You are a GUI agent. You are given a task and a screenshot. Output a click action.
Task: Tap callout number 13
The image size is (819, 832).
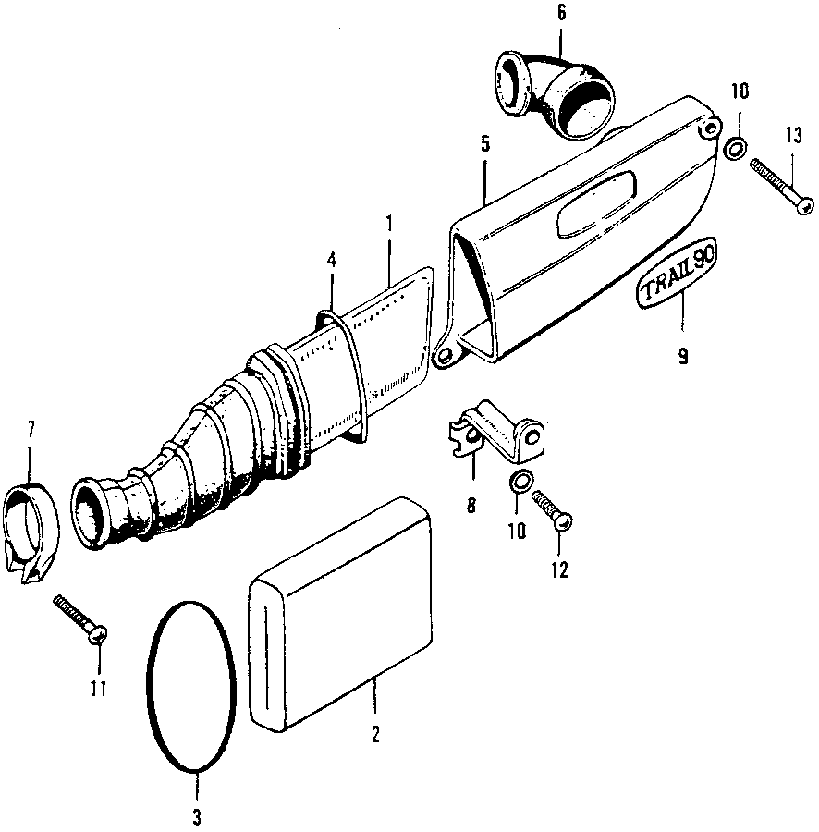793,137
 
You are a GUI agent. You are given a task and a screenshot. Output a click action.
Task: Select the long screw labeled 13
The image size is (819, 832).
782,186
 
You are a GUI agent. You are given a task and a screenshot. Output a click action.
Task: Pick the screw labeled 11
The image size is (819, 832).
80,618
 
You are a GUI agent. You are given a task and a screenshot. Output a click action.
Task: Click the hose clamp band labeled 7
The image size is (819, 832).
31,532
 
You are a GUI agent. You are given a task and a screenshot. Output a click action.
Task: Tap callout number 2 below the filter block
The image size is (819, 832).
375,735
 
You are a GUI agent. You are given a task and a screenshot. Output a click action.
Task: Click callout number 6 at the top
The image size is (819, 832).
561,12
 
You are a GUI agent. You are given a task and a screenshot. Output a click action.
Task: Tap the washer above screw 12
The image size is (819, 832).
520,481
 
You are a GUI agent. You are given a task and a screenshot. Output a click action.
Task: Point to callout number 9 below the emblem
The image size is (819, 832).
683,356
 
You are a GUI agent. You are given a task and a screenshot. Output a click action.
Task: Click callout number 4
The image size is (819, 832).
332,260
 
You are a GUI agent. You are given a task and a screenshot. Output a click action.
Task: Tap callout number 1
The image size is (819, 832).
390,224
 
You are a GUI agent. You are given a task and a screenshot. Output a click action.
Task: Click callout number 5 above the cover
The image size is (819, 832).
485,144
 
